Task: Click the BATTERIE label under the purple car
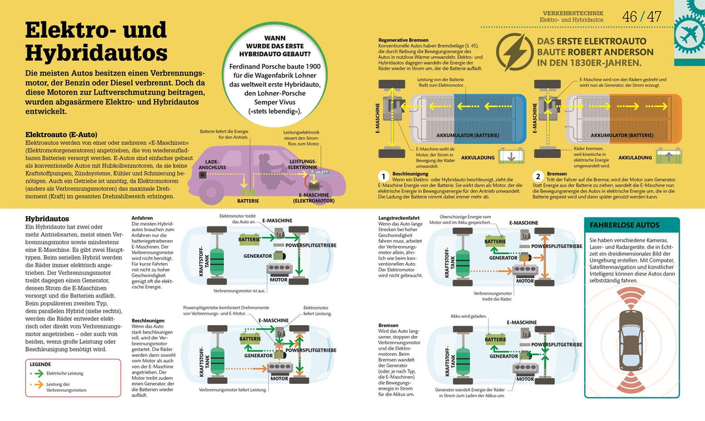(247, 201)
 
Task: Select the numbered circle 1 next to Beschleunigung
(384, 176)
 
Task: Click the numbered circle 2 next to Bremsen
(538, 176)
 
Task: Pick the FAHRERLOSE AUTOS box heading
(625, 225)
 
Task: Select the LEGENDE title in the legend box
(40, 364)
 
